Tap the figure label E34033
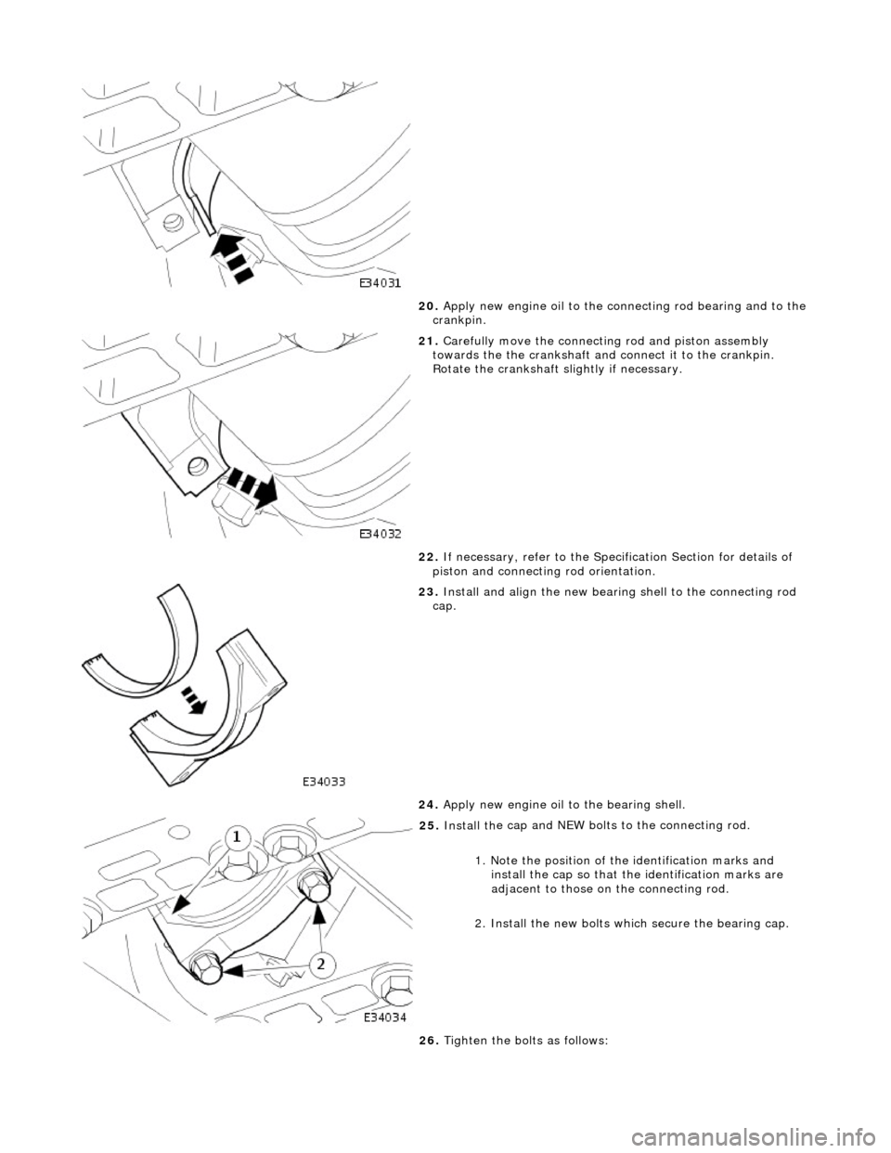point(326,783)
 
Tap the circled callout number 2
point(321,965)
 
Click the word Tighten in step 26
point(465,1041)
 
